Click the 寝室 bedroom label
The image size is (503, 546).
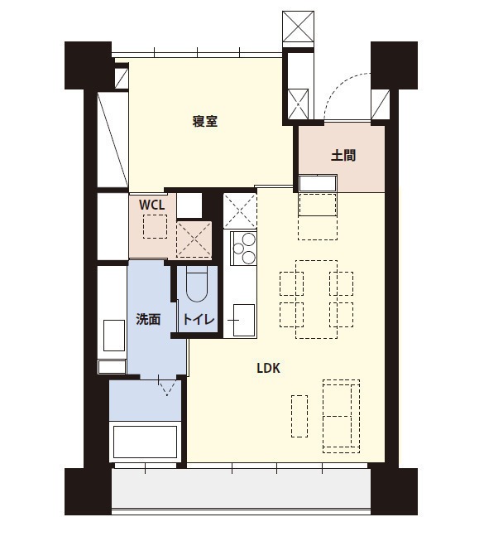point(204,121)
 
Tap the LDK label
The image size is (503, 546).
point(268,368)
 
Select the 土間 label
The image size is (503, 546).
point(343,155)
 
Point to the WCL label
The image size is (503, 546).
point(151,205)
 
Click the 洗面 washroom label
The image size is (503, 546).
point(148,319)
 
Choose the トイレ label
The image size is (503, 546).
point(199,319)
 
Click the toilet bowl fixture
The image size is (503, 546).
point(196,284)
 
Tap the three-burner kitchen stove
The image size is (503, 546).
point(244,249)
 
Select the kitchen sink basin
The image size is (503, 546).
point(244,320)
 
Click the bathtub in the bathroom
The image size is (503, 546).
point(145,442)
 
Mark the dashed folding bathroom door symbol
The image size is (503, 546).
point(167,385)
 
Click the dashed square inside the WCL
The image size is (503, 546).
point(155,226)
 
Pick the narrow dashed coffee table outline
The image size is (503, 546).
point(299,416)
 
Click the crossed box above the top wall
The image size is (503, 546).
point(299,27)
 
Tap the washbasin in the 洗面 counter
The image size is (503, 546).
point(114,336)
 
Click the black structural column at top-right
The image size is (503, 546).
point(394,65)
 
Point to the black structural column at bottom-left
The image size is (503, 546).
point(88,491)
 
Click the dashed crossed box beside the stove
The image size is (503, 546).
point(240,211)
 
